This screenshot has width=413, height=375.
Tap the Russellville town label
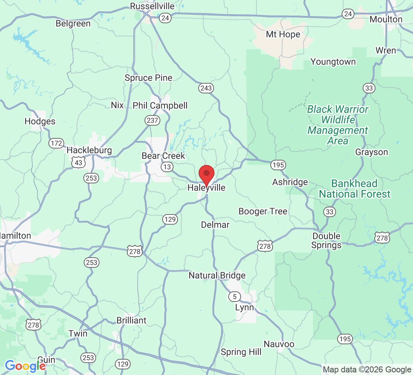pos(152,6)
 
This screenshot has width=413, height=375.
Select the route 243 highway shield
pos(206,88)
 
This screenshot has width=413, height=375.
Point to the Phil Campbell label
pos(160,106)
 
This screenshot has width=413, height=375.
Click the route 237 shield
pos(152,120)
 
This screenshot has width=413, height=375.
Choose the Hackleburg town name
pos(89,150)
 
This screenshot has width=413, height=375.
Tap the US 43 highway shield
pos(79,162)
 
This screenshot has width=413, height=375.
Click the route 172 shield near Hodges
pos(56,143)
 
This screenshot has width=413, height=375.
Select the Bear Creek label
pos(163,156)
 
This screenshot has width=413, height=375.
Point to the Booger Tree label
pos(263,211)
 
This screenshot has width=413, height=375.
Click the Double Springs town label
pos(327,241)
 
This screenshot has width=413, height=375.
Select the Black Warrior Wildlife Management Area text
pos(338,125)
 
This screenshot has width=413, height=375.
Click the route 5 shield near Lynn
pos(235,297)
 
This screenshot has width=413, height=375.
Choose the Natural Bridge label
pos(217,276)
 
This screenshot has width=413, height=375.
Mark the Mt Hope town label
pos(283,34)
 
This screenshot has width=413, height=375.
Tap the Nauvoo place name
pos(279,344)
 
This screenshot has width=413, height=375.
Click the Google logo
pos(25,366)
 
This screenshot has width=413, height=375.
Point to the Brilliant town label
pos(131,321)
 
